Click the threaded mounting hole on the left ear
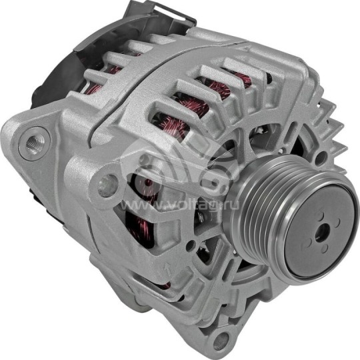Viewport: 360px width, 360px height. [33, 144]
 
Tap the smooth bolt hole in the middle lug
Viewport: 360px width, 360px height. [107, 185]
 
